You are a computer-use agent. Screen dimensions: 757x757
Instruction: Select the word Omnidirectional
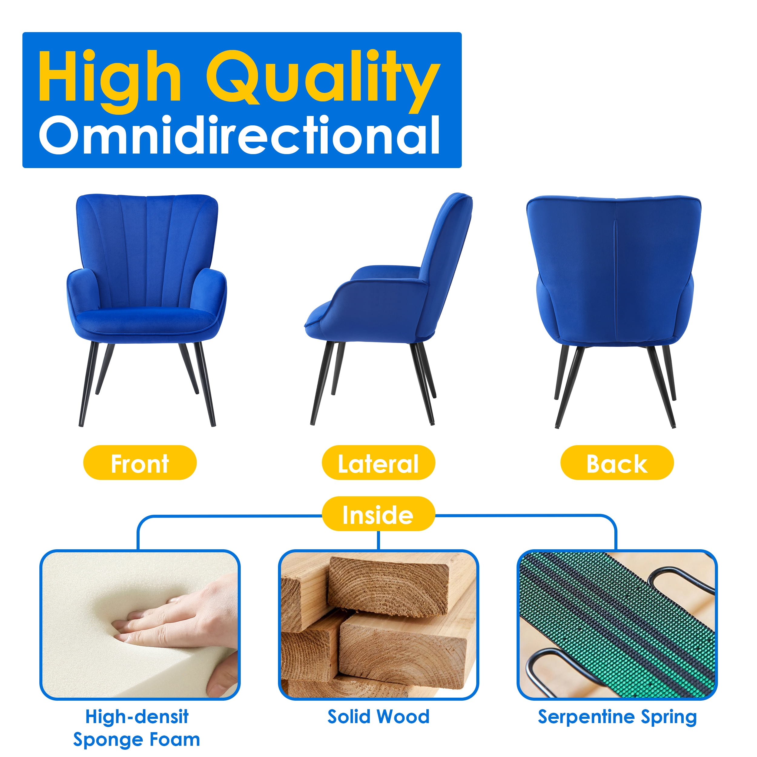click(240, 135)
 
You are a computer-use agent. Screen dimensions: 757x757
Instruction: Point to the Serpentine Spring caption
click(617, 717)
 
